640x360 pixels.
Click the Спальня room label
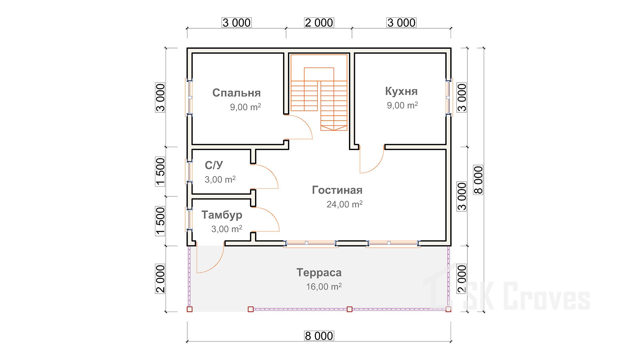[x=236, y=93]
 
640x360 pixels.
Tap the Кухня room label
[x=401, y=91]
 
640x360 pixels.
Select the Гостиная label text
[x=337, y=190]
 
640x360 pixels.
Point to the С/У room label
[x=214, y=165]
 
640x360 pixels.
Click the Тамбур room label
[x=222, y=215]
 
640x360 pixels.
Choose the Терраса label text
[x=319, y=273]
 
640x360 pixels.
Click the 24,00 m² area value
[x=344, y=204]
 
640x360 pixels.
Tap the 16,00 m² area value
[x=324, y=286]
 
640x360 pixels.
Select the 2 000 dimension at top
[x=319, y=23]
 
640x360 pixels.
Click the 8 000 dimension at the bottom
[x=319, y=336]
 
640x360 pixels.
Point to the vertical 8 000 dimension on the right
[x=478, y=180]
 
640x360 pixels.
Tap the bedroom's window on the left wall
[x=189, y=97]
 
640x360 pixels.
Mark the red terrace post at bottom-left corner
[x=190, y=309]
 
